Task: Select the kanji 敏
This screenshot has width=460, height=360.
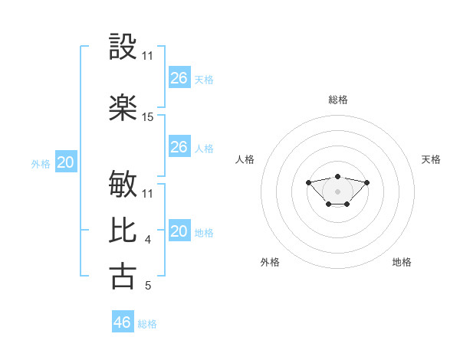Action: pos(123,185)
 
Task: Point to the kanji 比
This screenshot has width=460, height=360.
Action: pos(123,231)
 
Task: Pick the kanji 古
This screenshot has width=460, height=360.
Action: pos(123,277)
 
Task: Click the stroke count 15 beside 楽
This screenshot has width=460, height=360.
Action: pos(148,117)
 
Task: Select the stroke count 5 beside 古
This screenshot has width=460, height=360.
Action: pos(148,286)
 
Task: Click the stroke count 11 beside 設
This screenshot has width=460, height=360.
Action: pos(148,55)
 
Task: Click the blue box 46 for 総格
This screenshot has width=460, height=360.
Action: pos(123,322)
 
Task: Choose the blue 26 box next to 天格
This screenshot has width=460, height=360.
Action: pos(179,77)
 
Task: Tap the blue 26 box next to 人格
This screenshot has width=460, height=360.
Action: pos(179,147)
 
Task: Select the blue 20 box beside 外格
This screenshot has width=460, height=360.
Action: pos(66,162)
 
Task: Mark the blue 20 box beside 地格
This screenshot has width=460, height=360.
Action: pos(179,231)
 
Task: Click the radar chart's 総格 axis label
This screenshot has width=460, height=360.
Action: pos(338,100)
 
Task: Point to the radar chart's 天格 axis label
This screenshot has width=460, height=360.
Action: pos(431,159)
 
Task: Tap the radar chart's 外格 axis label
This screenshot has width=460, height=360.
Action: pos(270,262)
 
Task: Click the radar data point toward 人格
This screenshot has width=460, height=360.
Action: pos(308,182)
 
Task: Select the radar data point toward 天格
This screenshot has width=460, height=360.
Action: pos(367,182)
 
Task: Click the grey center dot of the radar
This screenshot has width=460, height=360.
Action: pos(337,191)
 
